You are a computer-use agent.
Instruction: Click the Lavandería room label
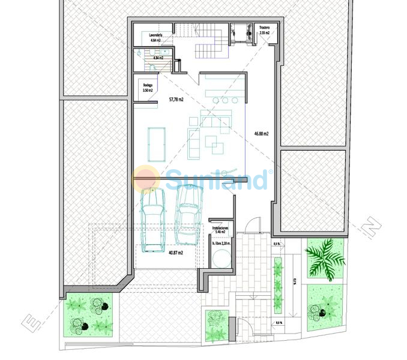click(x=155, y=36)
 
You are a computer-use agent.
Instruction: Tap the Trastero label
click(x=264, y=28)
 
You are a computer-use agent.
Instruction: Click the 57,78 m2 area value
click(x=176, y=99)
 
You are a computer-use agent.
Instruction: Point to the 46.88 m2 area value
click(x=261, y=134)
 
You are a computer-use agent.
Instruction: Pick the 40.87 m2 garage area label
click(x=176, y=253)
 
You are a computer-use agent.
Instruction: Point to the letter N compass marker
click(x=373, y=229)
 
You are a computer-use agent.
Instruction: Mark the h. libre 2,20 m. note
click(x=221, y=243)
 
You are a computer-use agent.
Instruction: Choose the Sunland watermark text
click(x=216, y=179)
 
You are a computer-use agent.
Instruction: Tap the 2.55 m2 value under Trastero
click(x=264, y=33)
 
